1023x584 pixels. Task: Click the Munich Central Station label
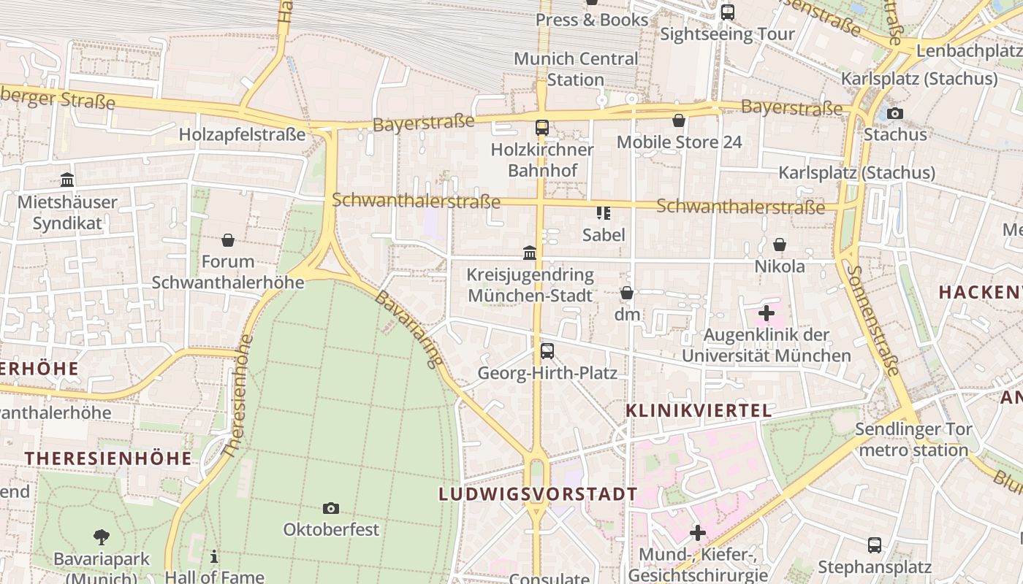point(576,69)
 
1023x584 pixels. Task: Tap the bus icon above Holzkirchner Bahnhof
point(541,128)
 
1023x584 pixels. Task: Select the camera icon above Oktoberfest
point(331,508)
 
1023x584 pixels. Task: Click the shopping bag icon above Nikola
point(780,245)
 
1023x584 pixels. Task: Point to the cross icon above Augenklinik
point(766,314)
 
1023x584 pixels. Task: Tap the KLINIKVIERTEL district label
point(699,411)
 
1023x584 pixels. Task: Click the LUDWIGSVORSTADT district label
point(538,494)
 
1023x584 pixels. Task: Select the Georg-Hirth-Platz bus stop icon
point(547,351)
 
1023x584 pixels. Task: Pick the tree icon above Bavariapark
point(102,538)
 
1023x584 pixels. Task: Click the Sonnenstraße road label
point(872,320)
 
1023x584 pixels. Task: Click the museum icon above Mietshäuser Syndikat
point(67,180)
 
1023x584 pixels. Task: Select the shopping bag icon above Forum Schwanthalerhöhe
point(228,240)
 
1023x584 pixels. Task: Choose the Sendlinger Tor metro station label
point(913,439)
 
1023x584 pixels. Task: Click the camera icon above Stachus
point(895,113)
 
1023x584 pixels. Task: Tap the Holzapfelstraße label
point(242,135)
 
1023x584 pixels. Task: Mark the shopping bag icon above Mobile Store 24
point(679,120)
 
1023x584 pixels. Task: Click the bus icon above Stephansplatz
point(874,545)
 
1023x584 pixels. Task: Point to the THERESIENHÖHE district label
point(108,458)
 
